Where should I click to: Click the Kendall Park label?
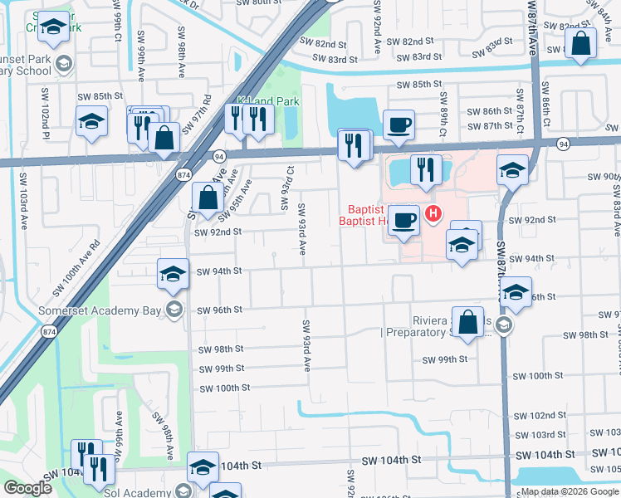267,101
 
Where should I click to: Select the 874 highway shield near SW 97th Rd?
184,174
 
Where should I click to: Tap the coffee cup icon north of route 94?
399,124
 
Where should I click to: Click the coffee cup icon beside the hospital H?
403,220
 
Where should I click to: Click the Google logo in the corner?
27,488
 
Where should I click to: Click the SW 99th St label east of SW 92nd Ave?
445,359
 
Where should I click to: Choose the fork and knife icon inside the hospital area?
426,169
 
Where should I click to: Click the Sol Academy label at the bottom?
141,492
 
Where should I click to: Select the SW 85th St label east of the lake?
419,85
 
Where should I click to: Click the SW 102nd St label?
543,415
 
